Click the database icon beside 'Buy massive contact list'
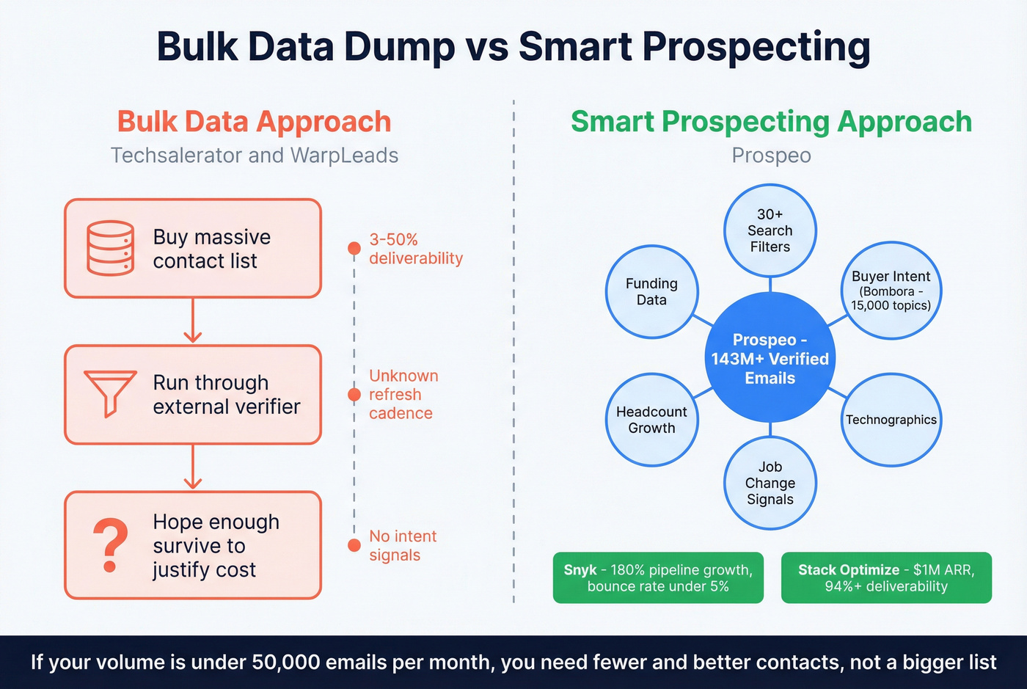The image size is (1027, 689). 111,248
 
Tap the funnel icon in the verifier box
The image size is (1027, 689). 111,393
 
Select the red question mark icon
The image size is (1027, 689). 111,545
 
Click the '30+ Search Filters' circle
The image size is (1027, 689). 770,230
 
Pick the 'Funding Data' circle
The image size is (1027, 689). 651,291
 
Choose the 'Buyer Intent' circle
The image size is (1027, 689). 891,291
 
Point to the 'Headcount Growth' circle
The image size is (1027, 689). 651,420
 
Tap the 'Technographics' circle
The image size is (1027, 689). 891,420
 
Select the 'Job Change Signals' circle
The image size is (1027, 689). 770,483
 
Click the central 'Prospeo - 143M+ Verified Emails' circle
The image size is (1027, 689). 770,359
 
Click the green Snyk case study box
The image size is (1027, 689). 658,578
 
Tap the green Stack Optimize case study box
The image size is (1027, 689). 886,578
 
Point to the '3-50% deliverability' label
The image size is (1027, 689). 415,249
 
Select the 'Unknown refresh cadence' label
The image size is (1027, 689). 403,395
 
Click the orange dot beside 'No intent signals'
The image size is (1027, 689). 354,544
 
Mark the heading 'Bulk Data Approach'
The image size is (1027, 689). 254,122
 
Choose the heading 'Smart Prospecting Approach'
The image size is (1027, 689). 771,122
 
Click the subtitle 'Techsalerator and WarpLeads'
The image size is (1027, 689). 254,156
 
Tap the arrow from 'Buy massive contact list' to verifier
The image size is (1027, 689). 193,321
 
